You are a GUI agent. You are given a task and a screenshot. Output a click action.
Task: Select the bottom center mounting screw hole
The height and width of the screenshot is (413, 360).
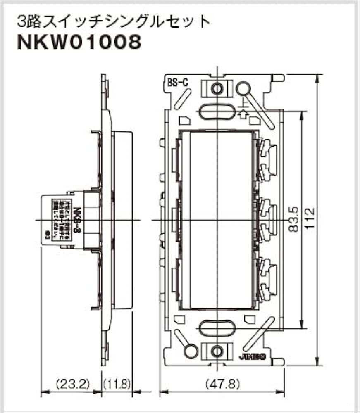(x=216, y=351)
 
